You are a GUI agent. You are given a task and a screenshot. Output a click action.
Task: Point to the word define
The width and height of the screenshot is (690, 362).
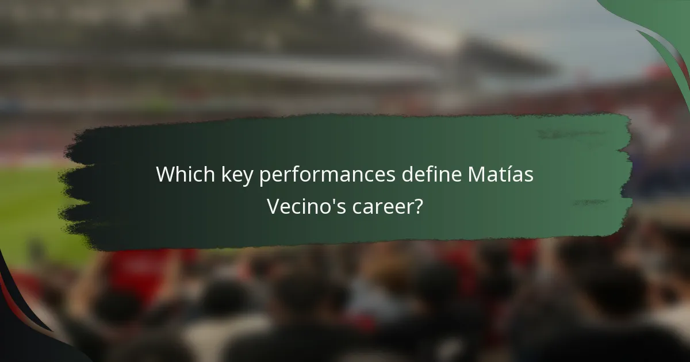pyautogui.click(x=428, y=174)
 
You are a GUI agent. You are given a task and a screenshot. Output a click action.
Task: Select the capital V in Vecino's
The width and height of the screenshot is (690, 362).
pyautogui.click(x=273, y=205)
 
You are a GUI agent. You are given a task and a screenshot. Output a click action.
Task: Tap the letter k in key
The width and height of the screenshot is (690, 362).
pyautogui.click(x=224, y=174)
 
